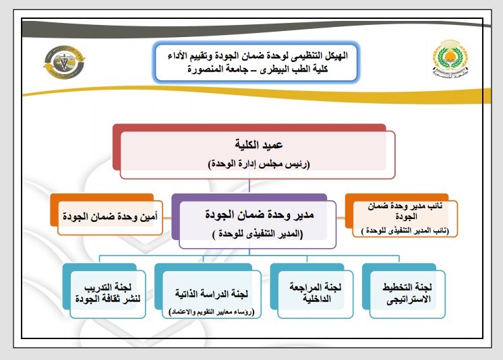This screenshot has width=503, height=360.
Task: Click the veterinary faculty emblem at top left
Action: [61, 66]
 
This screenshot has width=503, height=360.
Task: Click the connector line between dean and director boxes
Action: [251, 187]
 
